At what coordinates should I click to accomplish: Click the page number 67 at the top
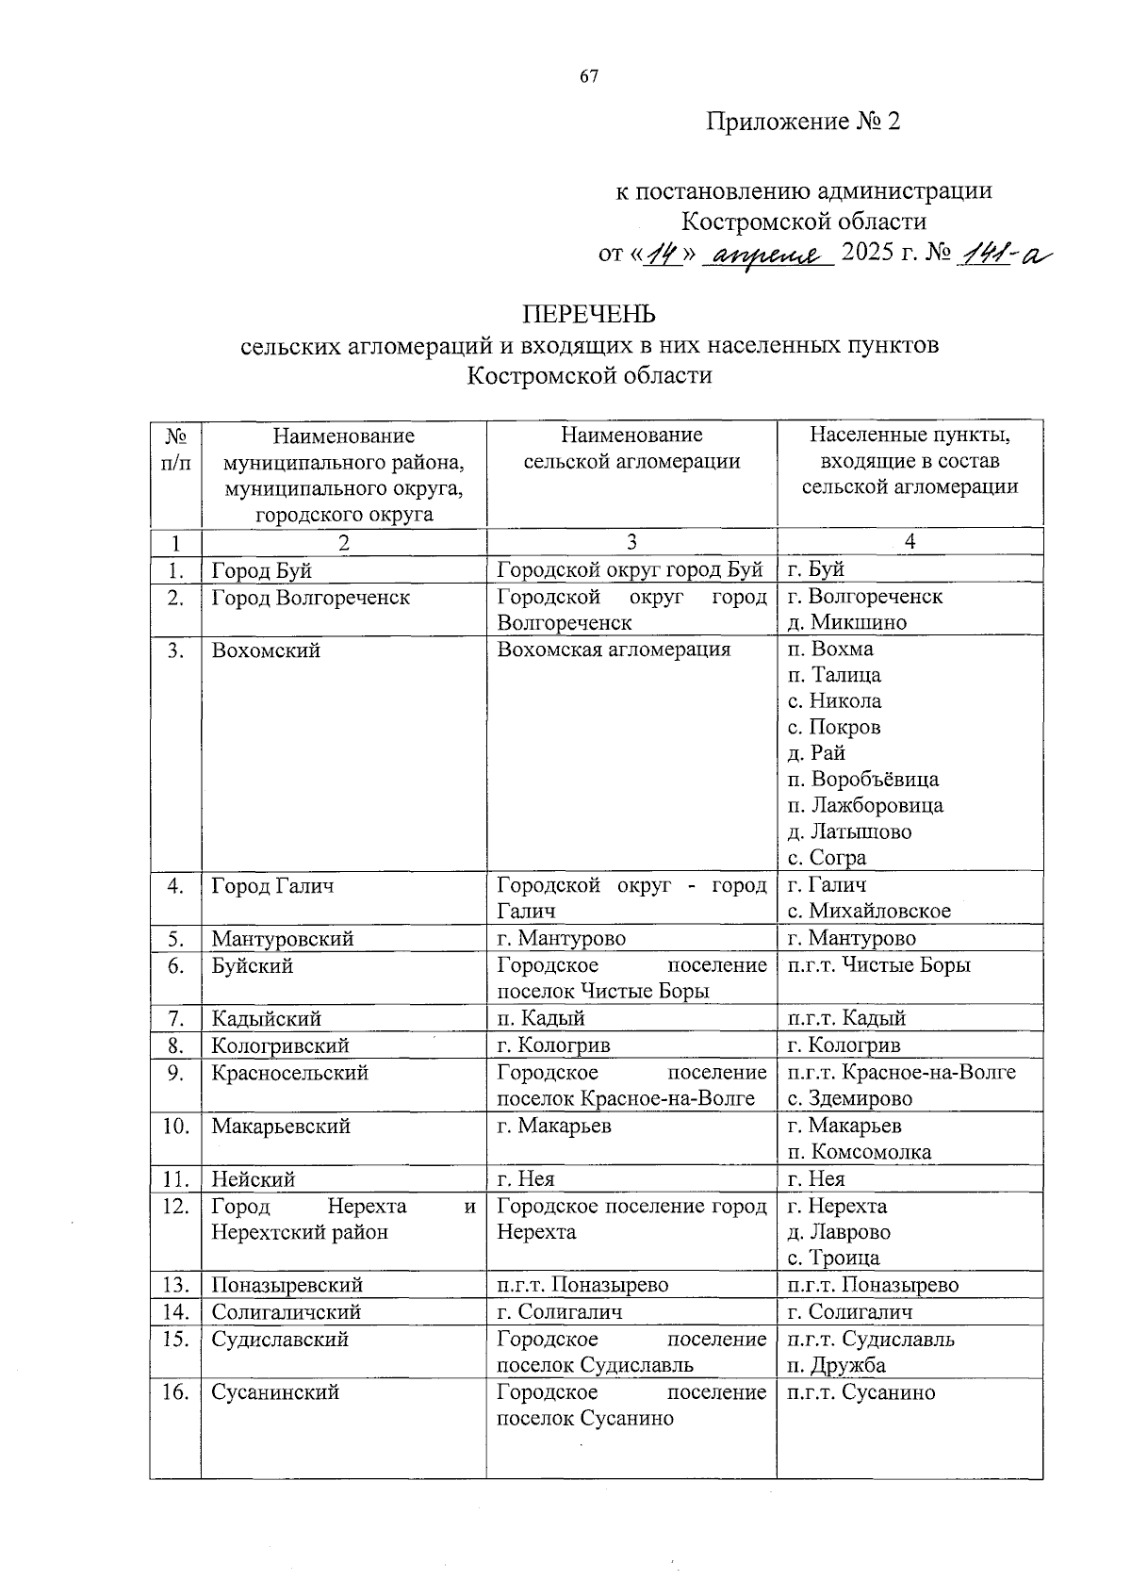coord(589,78)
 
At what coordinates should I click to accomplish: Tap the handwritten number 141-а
coord(1002,255)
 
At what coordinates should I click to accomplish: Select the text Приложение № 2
coord(804,122)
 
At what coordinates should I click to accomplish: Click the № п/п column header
coord(175,449)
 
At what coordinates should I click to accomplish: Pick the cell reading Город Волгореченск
coord(310,598)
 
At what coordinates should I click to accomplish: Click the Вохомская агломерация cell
coord(614,650)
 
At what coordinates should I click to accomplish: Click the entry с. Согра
coord(827,858)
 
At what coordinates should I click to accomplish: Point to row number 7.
coord(175,1019)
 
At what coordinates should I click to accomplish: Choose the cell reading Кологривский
coord(280,1045)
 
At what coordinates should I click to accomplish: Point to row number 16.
coord(175,1392)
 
